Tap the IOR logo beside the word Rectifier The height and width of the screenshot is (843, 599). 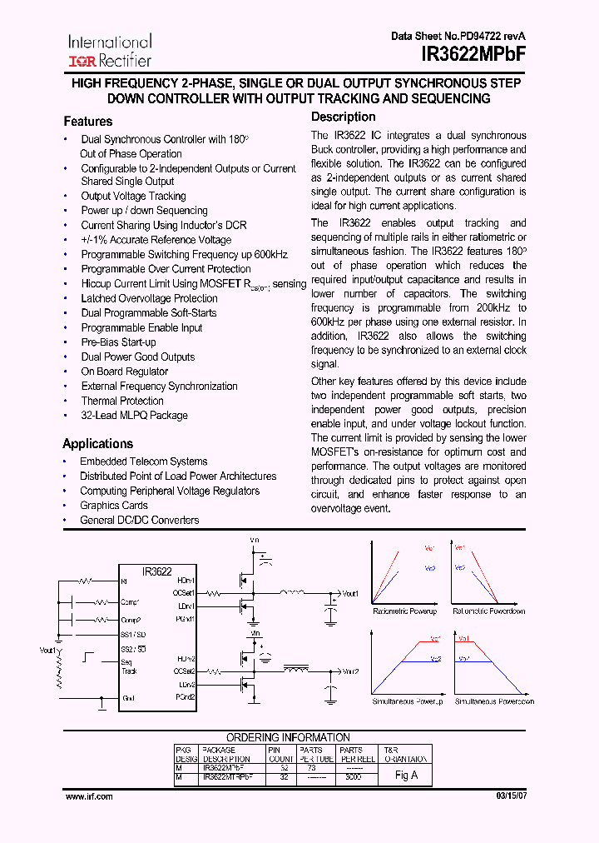pyautogui.click(x=82, y=61)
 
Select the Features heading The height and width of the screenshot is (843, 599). pyautogui.click(x=87, y=122)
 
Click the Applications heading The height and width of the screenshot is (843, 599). pyautogui.click(x=97, y=444)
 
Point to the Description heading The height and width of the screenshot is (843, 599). pyautogui.click(x=343, y=117)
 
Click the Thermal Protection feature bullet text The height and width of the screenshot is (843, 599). pyautogui.click(x=122, y=401)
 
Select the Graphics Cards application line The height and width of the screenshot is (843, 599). pyautogui.click(x=113, y=506)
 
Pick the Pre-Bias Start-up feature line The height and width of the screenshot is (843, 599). pyautogui.click(x=118, y=342)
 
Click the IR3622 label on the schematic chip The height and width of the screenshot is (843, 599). pyautogui.click(x=156, y=571)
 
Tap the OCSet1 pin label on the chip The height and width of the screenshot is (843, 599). pyautogui.click(x=184, y=593)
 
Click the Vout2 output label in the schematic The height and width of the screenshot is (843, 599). pyautogui.click(x=350, y=671)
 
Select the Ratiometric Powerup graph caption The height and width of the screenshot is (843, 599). pyautogui.click(x=404, y=611)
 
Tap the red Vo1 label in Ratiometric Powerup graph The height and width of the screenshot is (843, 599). pyautogui.click(x=429, y=548)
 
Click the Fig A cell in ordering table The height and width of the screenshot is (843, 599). pyautogui.click(x=406, y=775)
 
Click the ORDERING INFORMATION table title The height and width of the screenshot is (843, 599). pyautogui.click(x=289, y=738)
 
